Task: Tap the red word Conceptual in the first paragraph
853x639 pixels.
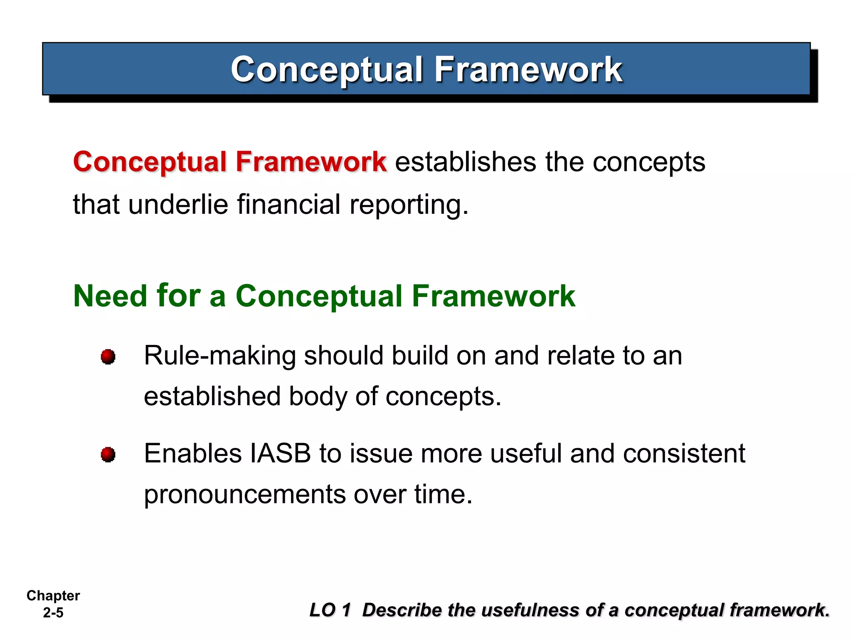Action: [150, 162]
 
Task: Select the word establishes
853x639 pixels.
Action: [465, 162]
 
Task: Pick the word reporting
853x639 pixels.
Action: [408, 206]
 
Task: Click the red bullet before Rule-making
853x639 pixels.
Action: [108, 357]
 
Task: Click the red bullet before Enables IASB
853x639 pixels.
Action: [108, 454]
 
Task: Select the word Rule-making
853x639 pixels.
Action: [220, 357]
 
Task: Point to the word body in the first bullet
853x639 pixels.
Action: [318, 397]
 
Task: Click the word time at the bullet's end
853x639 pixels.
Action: [443, 494]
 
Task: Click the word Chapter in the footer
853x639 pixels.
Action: [53, 596]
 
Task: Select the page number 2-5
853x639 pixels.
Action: [53, 613]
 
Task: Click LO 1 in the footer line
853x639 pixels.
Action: [330, 610]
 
